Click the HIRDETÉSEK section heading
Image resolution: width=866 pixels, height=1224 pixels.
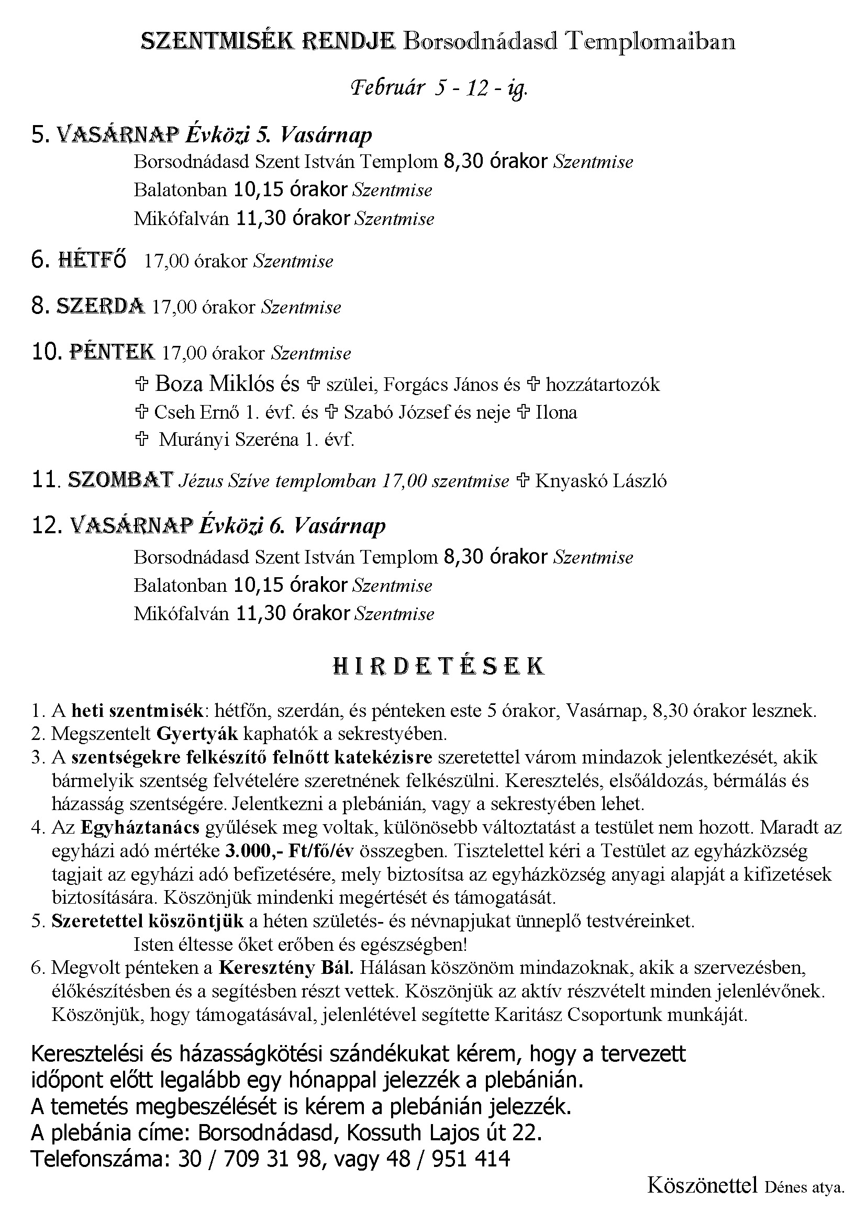(x=438, y=666)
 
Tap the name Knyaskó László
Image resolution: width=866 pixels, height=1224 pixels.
(x=601, y=481)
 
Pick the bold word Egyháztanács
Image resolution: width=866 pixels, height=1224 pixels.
(x=140, y=827)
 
